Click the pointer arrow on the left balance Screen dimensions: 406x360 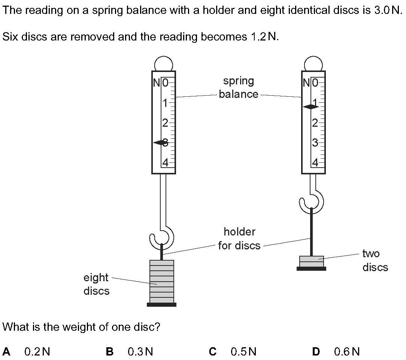pyautogui.click(x=160, y=142)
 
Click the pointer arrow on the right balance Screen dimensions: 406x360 pyautogui.click(x=310, y=106)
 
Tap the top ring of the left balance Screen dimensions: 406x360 pyautogui.click(x=163, y=63)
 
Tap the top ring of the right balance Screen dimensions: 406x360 pyautogui.click(x=313, y=63)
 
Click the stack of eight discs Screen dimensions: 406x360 pyautogui.click(x=161, y=282)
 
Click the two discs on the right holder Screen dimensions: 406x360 pyautogui.click(x=312, y=261)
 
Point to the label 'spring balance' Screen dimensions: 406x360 pyautogui.click(x=239, y=87)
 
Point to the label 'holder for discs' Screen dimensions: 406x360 pyautogui.click(x=239, y=239)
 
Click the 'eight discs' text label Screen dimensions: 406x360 pyautogui.click(x=96, y=284)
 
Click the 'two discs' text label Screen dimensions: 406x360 pyautogui.click(x=375, y=260)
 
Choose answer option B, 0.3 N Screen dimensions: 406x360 pyautogui.click(x=130, y=352)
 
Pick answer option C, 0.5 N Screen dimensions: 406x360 pyautogui.click(x=233, y=352)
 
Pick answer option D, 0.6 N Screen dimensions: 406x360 pyautogui.click(x=336, y=352)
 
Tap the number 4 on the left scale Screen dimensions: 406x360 pyautogui.click(x=165, y=163)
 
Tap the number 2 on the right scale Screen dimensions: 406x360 pyautogui.click(x=315, y=123)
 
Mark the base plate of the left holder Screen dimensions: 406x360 pyautogui.click(x=161, y=305)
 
